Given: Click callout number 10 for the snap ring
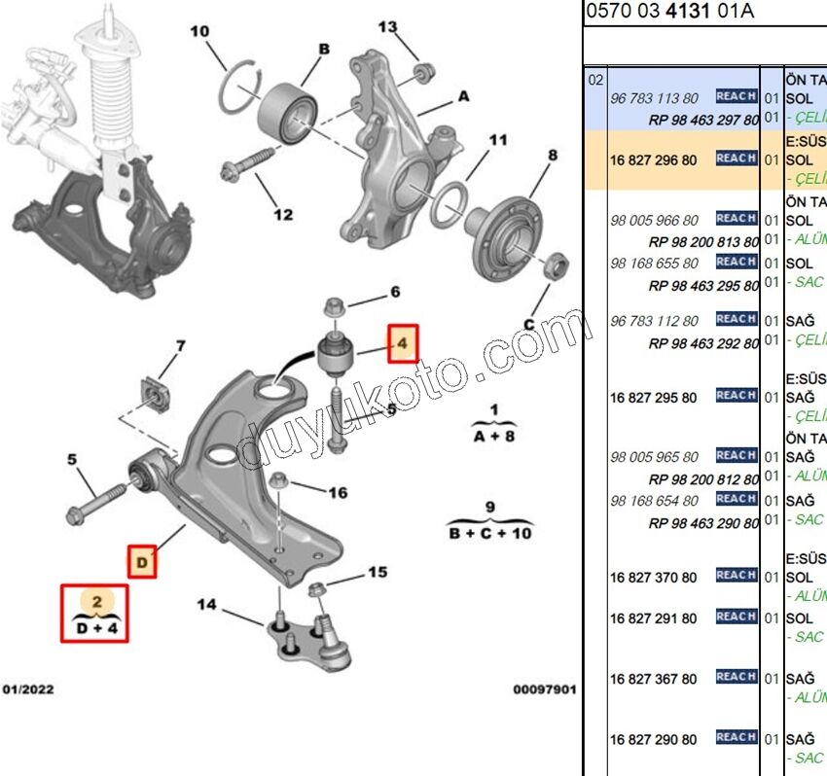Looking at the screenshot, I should point(199,32).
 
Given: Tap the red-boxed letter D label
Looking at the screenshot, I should point(142,562).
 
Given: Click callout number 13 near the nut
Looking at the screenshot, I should point(388,27).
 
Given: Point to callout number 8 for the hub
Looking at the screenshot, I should point(553,155).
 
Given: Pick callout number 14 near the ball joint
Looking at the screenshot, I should point(206,605).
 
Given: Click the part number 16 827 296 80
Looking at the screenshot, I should point(654,159).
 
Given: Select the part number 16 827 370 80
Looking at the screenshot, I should point(654,578).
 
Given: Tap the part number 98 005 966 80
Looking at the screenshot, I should point(654,220).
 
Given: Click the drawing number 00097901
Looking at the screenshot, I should point(545,689).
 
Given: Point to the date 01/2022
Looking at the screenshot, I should point(28,689).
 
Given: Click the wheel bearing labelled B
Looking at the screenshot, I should point(286,105).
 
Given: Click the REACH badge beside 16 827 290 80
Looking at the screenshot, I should point(736,737).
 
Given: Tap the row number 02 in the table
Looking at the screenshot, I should point(596,80).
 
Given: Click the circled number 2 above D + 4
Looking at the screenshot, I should point(96,602).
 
